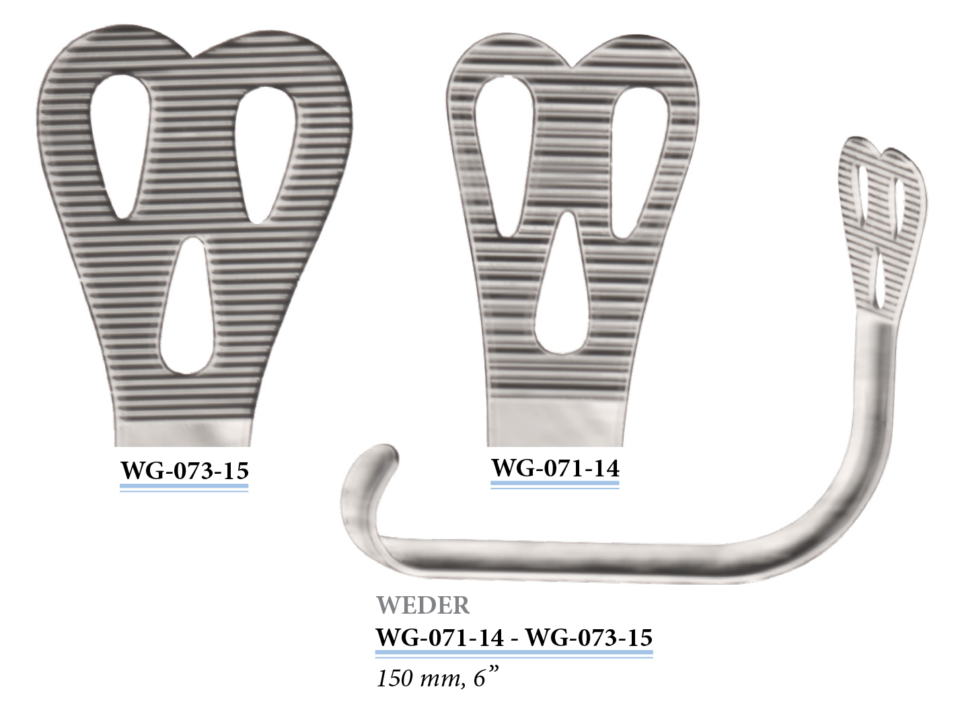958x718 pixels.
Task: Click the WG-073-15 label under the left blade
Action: pyautogui.click(x=184, y=470)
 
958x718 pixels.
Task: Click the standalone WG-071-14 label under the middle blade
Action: pyautogui.click(x=555, y=468)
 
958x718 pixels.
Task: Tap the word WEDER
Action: pyautogui.click(x=423, y=606)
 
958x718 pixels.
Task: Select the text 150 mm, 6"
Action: pyautogui.click(x=437, y=678)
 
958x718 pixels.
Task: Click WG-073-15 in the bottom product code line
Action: pyautogui.click(x=589, y=637)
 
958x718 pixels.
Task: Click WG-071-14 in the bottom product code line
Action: pyautogui.click(x=440, y=637)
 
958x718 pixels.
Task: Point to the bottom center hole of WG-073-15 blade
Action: pyautogui.click(x=188, y=306)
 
